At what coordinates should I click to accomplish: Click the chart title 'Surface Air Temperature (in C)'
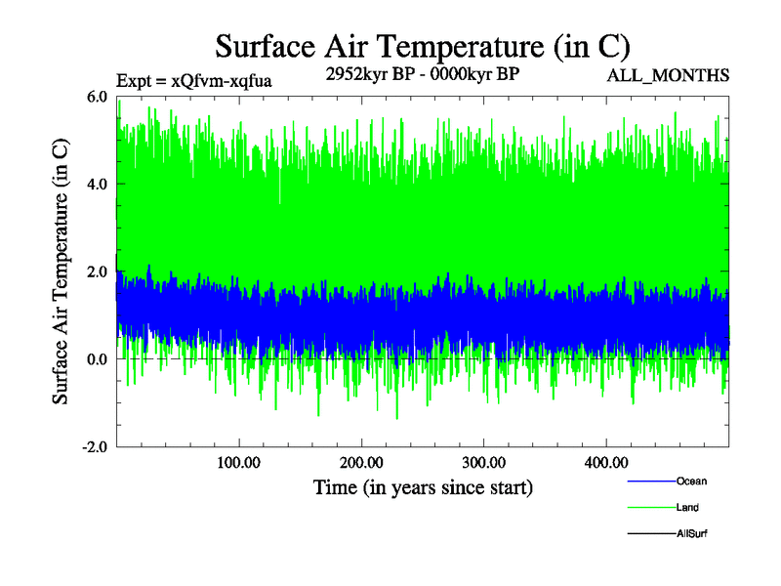tap(423, 46)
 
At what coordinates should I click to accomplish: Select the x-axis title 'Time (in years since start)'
tap(423, 486)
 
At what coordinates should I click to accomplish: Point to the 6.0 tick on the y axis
tap(97, 97)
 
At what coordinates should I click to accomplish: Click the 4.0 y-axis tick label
tap(97, 184)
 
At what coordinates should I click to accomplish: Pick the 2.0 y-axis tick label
tap(97, 272)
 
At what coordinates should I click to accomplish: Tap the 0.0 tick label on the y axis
tap(97, 359)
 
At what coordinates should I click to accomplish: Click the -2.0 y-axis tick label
tap(95, 446)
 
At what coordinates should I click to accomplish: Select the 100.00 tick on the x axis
tap(239, 461)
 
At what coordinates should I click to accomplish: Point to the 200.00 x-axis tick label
tap(361, 461)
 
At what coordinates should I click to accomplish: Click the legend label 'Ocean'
tap(691, 481)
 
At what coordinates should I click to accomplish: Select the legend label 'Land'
tap(687, 508)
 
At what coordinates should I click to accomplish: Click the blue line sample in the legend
tap(650, 481)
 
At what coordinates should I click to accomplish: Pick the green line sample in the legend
tap(650, 508)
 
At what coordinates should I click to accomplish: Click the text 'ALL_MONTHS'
tap(669, 75)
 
